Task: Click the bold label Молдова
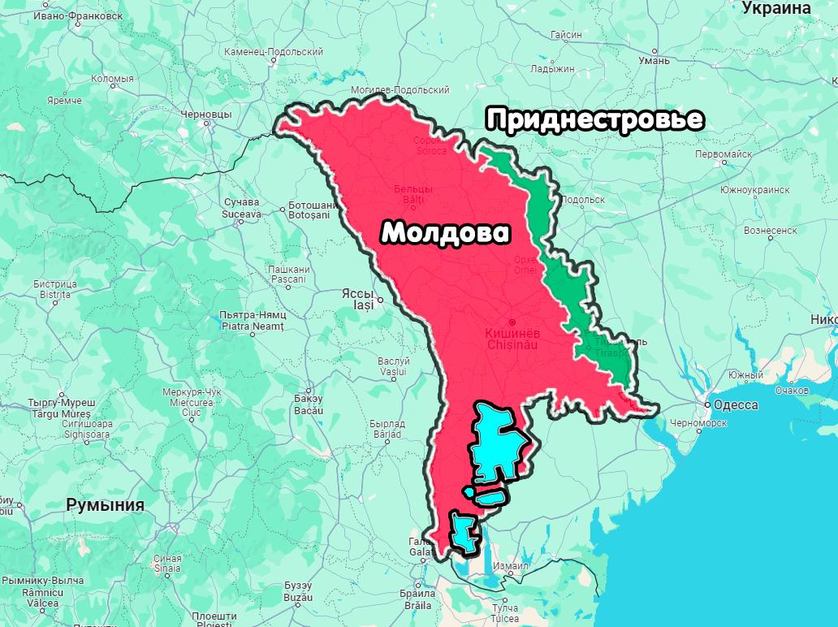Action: [446, 233]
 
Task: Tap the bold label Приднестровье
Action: [594, 120]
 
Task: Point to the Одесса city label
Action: [736, 404]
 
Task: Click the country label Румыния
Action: [105, 505]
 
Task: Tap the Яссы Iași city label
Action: [357, 299]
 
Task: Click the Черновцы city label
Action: [206, 115]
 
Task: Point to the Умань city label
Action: [654, 60]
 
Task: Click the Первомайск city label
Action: [724, 154]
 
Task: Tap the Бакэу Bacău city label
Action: [309, 404]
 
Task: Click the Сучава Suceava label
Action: [241, 208]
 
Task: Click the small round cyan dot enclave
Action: [468, 491]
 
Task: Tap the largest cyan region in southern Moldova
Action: [496, 443]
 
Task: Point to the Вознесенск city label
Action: [770, 231]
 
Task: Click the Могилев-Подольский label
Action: [400, 89]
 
